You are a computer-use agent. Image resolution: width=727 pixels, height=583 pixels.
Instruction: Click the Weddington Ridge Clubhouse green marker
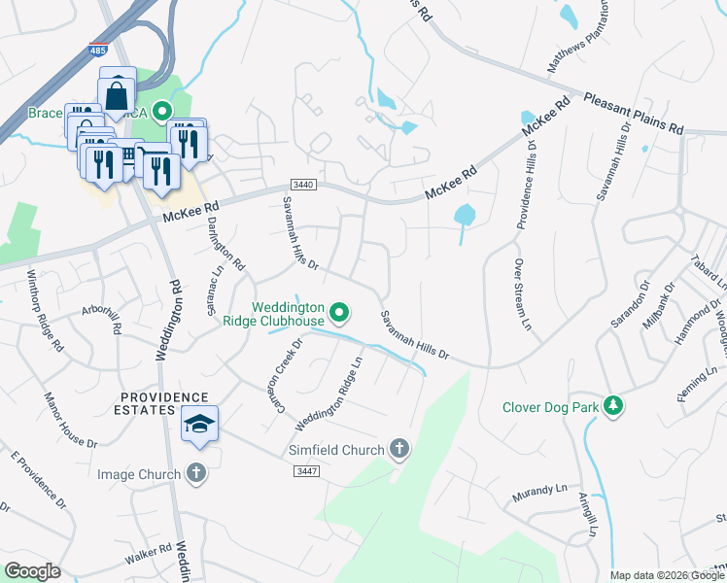pos(339,313)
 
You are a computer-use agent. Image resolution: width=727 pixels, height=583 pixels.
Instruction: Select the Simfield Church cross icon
pos(398,448)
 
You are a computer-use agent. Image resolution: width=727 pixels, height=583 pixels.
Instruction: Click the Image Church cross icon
pos(196,473)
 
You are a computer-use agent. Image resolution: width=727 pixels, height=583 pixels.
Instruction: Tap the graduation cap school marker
pos(199,424)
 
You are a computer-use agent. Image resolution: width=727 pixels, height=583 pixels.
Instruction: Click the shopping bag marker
pos(116,96)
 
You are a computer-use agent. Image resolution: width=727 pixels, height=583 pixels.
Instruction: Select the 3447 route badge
pos(306,470)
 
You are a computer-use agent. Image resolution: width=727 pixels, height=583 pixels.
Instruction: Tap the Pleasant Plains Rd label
pos(635,114)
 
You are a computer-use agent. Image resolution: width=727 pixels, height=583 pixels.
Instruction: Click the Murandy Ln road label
pos(538,494)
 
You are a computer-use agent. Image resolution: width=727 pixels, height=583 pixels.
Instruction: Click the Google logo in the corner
pos(32,571)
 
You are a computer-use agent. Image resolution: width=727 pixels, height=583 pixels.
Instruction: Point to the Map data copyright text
pos(668,575)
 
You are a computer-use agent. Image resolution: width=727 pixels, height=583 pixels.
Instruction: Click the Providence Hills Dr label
pos(525,185)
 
